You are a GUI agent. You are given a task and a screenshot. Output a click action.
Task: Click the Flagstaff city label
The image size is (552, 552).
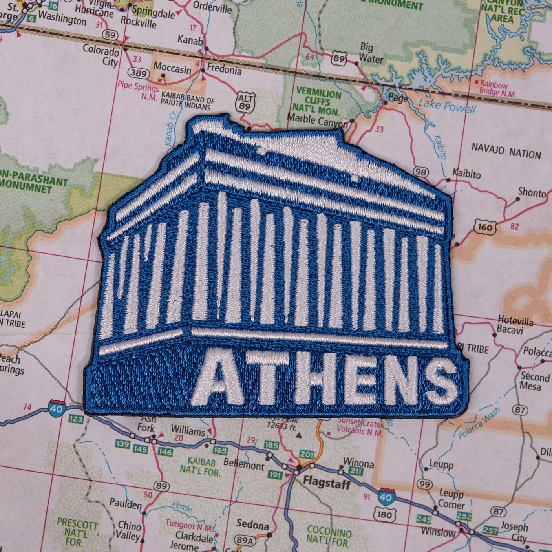(326, 482)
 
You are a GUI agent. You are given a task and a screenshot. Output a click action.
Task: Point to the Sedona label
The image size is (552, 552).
(252, 525)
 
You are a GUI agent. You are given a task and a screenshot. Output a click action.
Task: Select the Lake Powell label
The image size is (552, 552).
(446, 106)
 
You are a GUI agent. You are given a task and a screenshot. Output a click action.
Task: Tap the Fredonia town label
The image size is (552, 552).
(224, 70)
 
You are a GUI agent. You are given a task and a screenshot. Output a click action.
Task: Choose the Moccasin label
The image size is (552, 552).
(172, 68)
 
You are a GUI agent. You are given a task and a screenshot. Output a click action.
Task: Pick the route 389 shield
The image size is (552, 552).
(139, 73)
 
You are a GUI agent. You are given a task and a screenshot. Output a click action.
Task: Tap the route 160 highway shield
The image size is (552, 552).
(484, 227)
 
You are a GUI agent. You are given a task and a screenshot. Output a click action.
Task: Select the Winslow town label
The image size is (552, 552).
(438, 532)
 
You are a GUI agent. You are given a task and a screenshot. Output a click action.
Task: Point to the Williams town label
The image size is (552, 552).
(188, 431)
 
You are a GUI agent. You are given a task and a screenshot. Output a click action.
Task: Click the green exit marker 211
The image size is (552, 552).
(355, 471)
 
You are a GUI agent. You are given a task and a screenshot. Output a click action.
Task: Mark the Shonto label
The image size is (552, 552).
(532, 192)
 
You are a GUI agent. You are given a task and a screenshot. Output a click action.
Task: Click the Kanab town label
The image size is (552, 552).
(190, 40)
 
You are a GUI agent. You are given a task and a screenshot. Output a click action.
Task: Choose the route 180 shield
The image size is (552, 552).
(384, 514)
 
